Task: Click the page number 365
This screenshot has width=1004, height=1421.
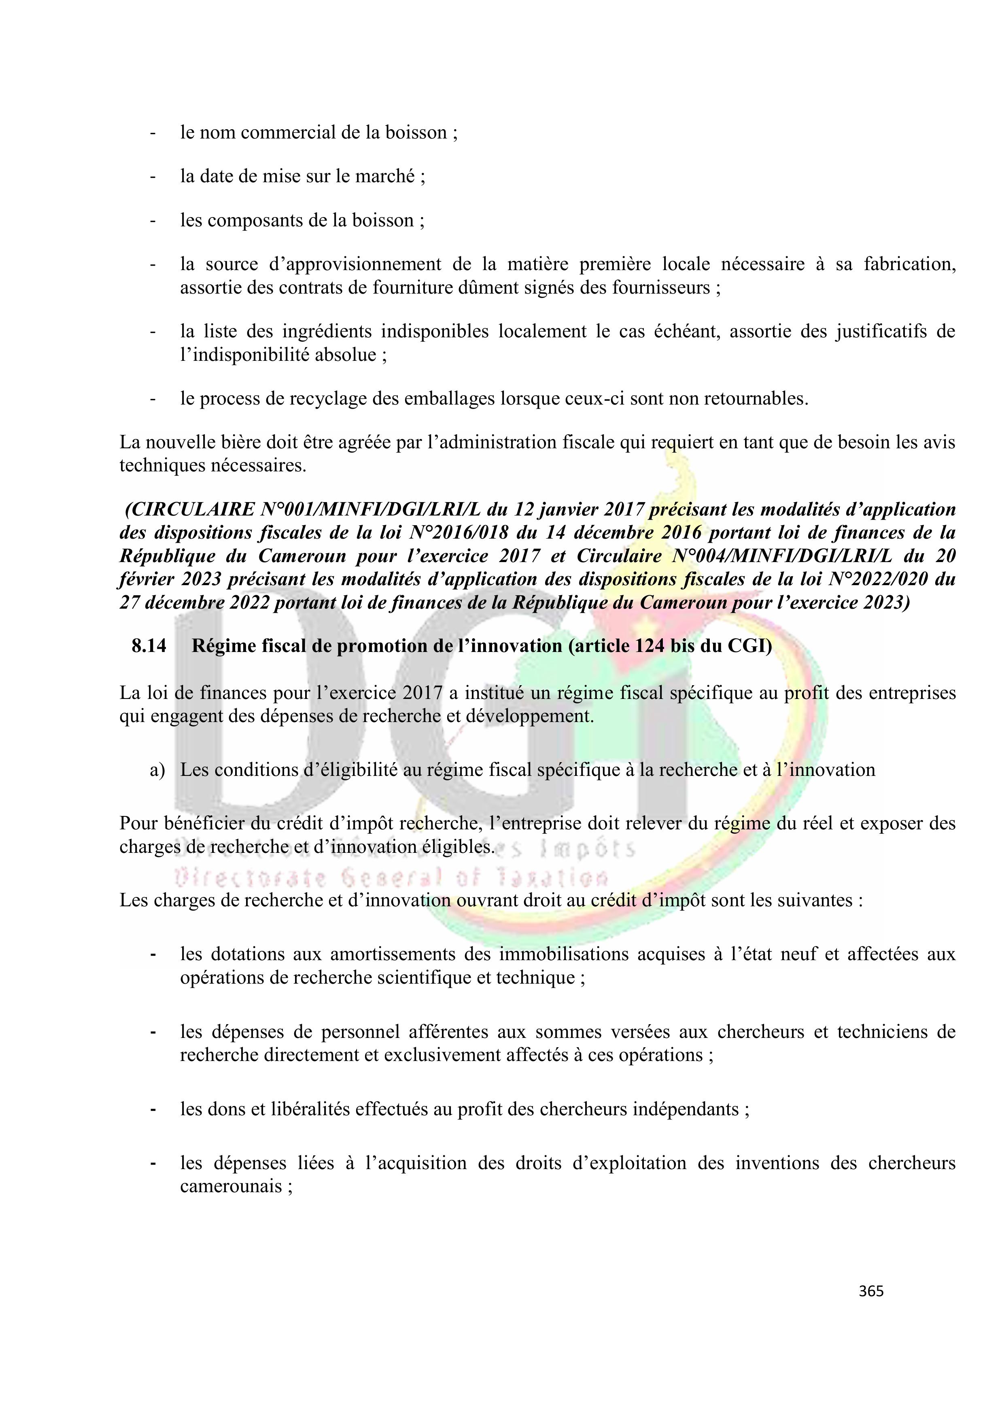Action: click(x=871, y=1291)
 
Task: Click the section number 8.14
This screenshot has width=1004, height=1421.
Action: click(x=149, y=646)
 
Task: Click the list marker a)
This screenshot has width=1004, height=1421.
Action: click(x=157, y=770)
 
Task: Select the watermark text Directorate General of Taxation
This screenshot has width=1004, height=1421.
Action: click(x=392, y=878)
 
